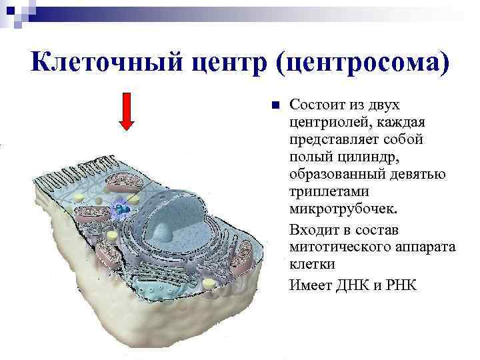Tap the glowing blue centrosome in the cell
[122, 209]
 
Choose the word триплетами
[324, 193]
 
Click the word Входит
[311, 230]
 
